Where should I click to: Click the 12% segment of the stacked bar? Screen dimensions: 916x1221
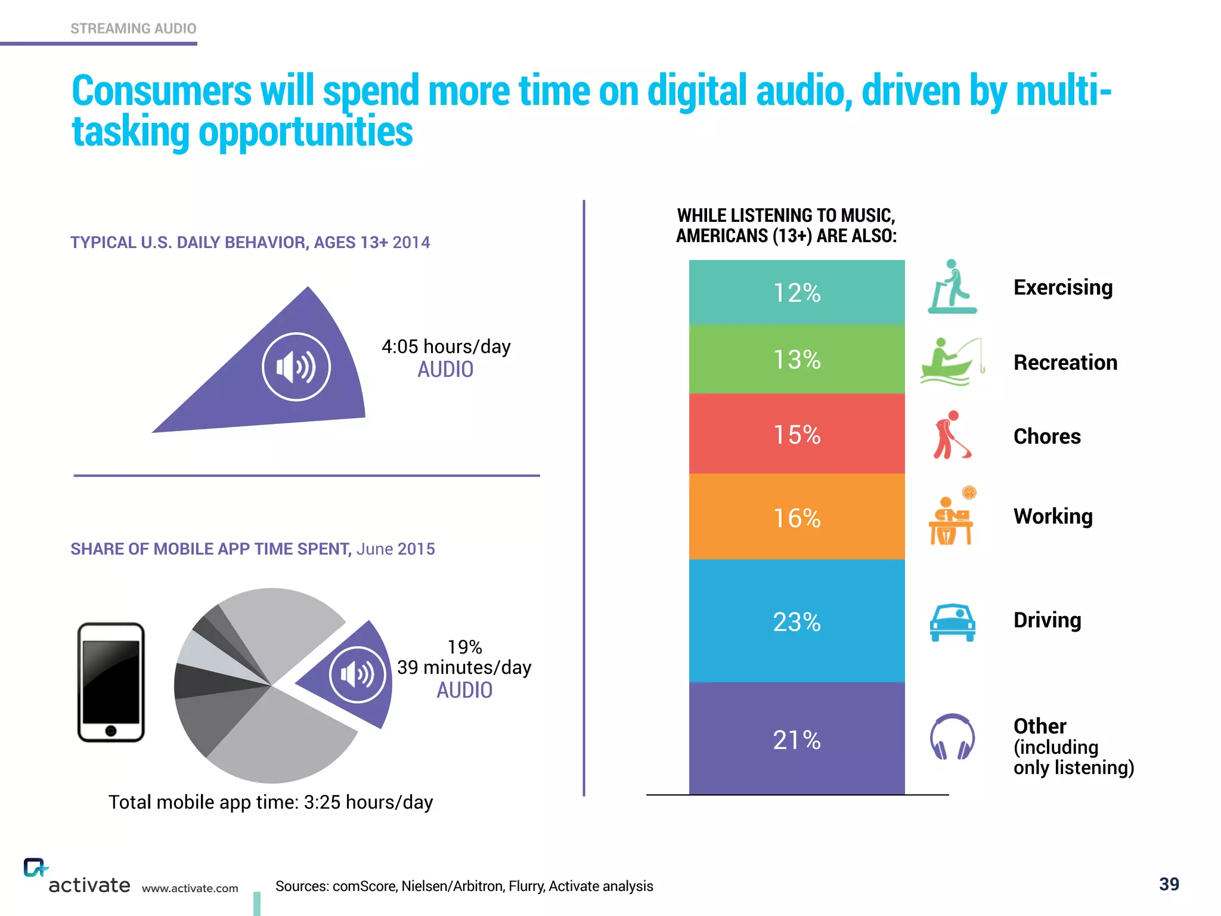[797, 292]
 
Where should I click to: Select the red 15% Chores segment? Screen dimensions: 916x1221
[797, 434]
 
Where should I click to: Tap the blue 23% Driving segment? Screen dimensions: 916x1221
[797, 621]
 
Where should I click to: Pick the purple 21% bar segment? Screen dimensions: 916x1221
[797, 739]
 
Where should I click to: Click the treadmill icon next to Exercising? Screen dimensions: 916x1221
[952, 287]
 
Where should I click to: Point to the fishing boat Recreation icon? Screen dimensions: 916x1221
[952, 362]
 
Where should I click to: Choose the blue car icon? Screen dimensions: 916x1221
[952, 622]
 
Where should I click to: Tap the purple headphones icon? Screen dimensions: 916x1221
[952, 737]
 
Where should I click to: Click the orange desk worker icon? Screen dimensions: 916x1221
[951, 518]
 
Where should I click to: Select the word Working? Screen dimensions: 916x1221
[1053, 516]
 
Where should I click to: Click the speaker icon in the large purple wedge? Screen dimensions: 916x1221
[296, 367]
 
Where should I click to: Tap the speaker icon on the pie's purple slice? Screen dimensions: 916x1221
[358, 674]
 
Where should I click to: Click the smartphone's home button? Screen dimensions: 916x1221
[111, 731]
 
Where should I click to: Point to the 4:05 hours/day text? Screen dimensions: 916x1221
[446, 346]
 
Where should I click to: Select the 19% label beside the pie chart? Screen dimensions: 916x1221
[464, 647]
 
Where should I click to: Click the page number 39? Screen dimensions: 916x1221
[1169, 884]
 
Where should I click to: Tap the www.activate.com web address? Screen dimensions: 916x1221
[190, 889]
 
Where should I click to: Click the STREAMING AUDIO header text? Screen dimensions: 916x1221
[133, 29]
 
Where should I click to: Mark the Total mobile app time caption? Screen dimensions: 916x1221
[271, 802]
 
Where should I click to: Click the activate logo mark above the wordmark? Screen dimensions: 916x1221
[35, 867]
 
